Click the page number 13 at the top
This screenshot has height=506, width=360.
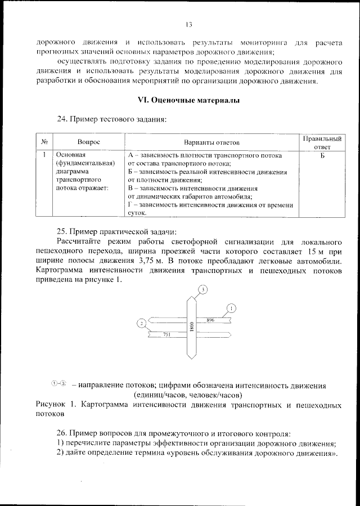pyautogui.click(x=188, y=25)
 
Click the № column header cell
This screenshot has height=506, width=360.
pyautogui.click(x=44, y=143)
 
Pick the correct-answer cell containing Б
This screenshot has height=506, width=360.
pyautogui.click(x=322, y=154)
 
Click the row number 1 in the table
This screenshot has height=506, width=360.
pyautogui.click(x=44, y=154)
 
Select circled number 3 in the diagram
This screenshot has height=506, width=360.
pyautogui.click(x=203, y=289)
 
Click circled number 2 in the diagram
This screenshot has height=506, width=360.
pyautogui.click(x=142, y=323)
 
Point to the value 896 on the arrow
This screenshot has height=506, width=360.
pyautogui.click(x=210, y=320)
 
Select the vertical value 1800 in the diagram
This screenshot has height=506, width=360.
pyautogui.click(x=192, y=326)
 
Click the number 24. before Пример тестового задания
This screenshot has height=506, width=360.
pyautogui.click(x=62, y=119)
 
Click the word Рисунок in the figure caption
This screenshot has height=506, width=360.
pyautogui.click(x=51, y=405)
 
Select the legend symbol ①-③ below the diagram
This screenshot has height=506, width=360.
pyautogui.click(x=59, y=384)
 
